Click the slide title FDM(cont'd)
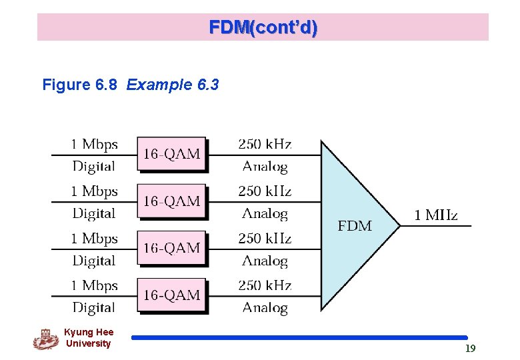pos(263,27)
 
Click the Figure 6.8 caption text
pos(131,85)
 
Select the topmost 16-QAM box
pos(171,155)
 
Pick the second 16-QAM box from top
pos(171,201)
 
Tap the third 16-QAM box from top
pos(171,248)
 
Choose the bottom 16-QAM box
pos(171,295)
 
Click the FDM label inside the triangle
pos(355,226)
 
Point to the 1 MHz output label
pos(436,215)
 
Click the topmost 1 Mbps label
pos(94,144)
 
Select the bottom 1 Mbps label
pos(94,285)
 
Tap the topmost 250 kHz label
pos(265,144)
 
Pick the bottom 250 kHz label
pos(265,285)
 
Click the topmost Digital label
pos(94,167)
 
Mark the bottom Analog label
pos(265,308)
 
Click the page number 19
pos(470,348)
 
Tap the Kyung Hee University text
pos(89,338)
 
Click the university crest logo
pos(45,339)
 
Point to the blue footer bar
pos(299,338)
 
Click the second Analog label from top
pos(265,214)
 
